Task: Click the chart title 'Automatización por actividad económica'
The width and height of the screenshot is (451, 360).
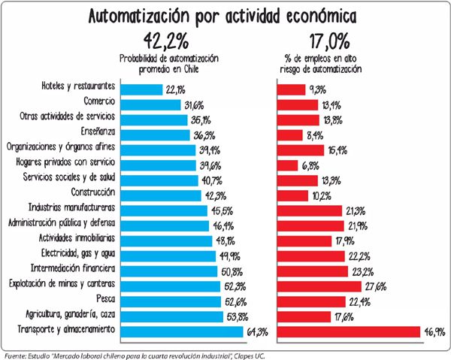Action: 225,16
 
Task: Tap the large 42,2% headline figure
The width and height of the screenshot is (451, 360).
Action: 163,41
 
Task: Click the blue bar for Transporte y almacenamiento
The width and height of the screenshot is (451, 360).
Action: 180,331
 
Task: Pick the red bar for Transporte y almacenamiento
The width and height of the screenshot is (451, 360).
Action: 349,331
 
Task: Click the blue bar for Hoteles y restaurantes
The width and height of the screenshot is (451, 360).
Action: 140,89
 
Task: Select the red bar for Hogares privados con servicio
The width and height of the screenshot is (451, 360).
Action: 289,164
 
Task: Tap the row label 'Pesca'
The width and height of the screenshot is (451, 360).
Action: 104,301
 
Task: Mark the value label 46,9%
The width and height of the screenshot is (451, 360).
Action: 434,331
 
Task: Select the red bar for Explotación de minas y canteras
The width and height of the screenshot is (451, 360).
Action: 319,286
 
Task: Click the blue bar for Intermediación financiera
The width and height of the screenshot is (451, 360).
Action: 169,271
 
